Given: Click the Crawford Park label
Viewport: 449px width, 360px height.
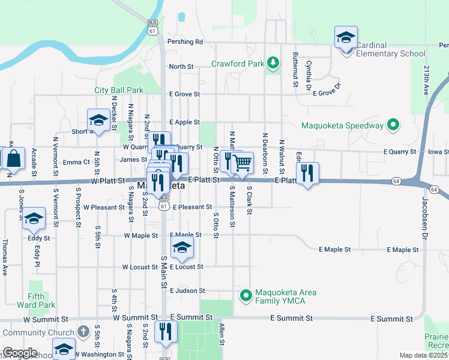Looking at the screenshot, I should (238, 64).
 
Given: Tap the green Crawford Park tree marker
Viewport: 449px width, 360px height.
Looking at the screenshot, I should (273, 62).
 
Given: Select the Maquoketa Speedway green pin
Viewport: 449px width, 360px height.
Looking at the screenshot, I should (393, 125).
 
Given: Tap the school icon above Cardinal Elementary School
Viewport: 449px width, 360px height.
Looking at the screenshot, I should (346, 38).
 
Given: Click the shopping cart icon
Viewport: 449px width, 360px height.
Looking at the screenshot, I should (242, 162).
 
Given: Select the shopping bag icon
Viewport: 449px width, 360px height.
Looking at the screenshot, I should (13, 159).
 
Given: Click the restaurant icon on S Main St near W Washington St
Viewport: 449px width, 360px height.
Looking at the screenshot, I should (164, 332).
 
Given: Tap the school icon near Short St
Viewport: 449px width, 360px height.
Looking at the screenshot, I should (98, 121).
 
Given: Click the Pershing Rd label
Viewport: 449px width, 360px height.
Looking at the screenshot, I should (186, 42).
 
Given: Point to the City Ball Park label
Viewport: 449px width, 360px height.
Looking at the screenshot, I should (119, 90).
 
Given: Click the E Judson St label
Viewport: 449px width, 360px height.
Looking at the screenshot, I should (187, 290).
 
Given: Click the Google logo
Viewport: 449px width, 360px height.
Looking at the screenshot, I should (20, 353).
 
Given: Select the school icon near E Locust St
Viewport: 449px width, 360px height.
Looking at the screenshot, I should (182, 247).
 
